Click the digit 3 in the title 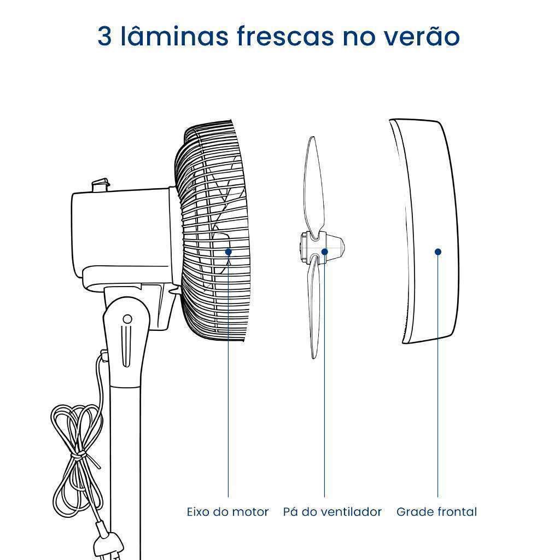coord(104,37)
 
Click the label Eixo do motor coord(228,512)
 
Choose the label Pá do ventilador coord(332,512)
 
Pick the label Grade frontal coord(437,512)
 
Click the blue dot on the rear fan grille coord(229,252)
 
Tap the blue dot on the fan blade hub coord(325,252)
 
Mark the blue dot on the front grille coord(438,252)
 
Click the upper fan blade coord(313,186)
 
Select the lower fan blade coord(314,307)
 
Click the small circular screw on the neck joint coord(127,319)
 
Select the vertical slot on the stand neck coord(127,346)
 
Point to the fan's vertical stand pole coord(126,471)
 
